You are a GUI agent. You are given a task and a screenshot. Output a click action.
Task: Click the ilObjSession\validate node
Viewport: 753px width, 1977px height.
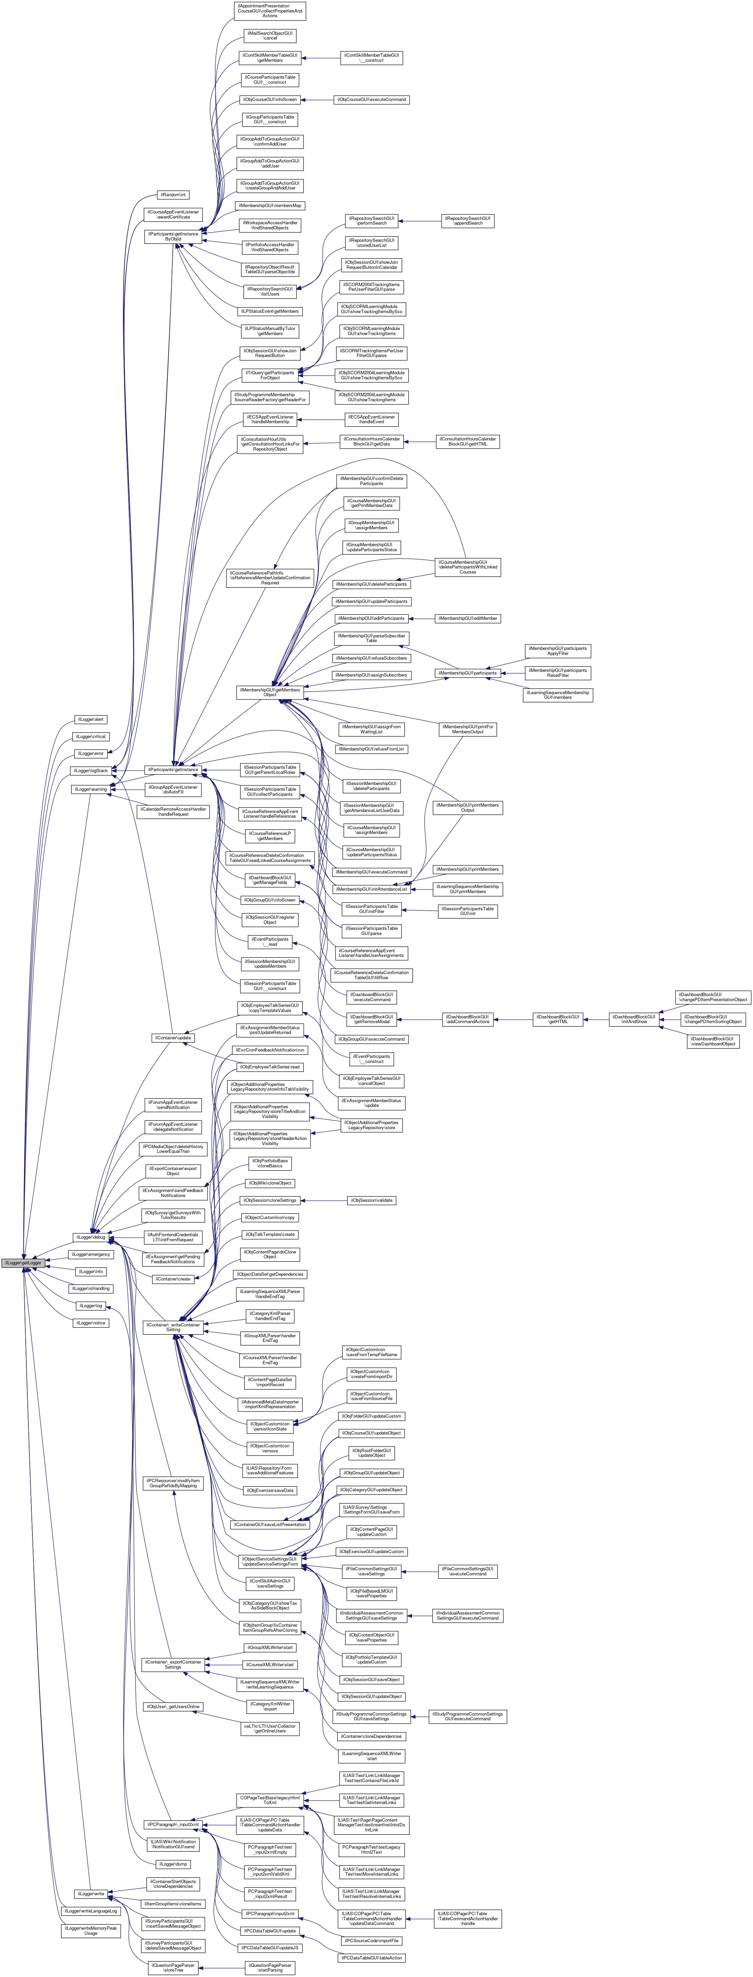372,1199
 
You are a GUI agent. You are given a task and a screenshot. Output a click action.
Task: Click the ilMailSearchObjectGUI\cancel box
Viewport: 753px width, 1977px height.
269,35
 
